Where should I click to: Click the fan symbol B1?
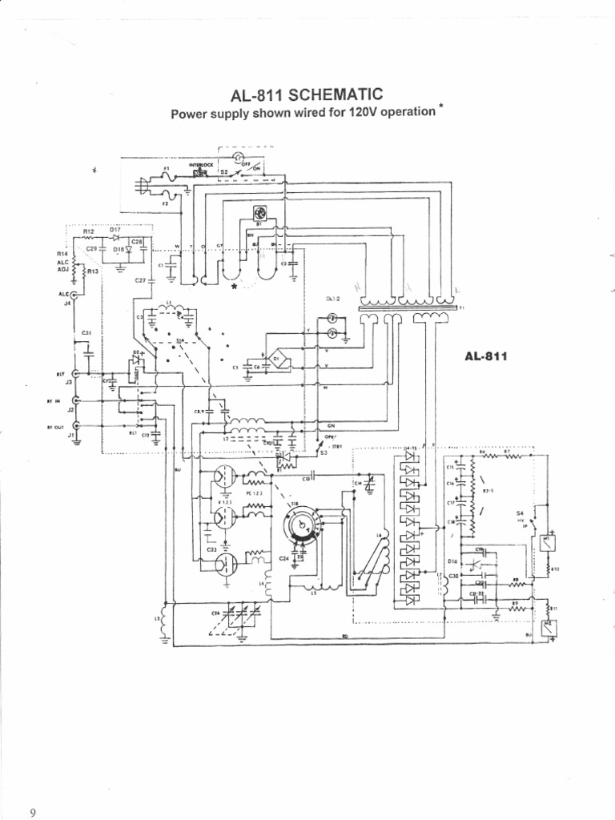coord(260,213)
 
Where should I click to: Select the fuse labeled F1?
coord(168,178)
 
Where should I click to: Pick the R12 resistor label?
coord(89,230)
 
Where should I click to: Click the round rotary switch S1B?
coord(301,524)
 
